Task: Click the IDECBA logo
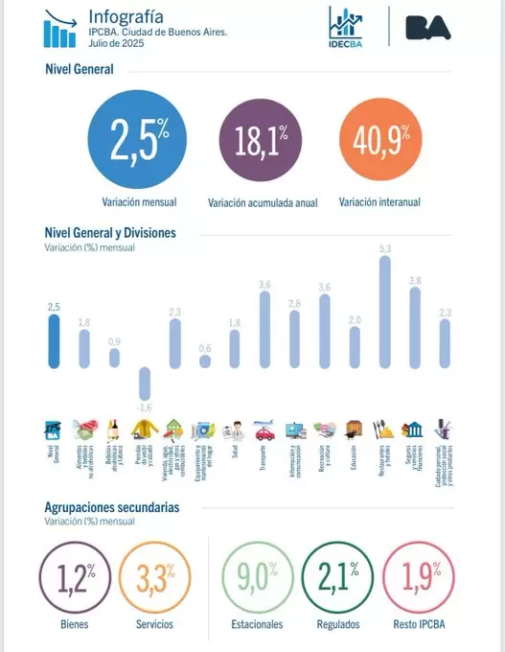coord(345,27)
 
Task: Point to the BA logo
coord(428,27)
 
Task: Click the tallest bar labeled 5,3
coord(385,312)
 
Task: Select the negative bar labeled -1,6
coord(145,384)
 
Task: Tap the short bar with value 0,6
coord(204,362)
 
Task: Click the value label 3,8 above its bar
coord(415,280)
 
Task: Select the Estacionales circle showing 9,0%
coord(257,578)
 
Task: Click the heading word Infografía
coord(125,16)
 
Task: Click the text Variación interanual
coord(379,202)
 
